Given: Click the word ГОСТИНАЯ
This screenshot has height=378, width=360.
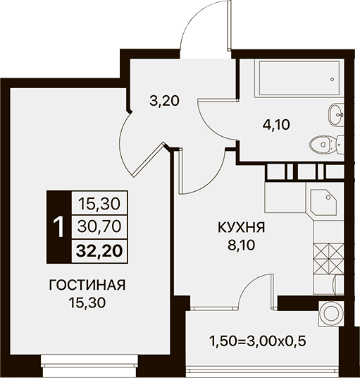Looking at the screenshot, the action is pos(87,285).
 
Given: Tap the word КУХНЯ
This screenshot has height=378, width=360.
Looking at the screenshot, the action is pos(241,228).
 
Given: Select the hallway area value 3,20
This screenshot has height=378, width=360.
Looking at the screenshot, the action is pos(164,101).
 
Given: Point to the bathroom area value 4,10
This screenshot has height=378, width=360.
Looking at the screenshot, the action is pos(276,125).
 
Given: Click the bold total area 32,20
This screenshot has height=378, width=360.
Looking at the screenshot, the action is pos(99,251).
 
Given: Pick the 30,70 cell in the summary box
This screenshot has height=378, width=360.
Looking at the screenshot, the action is pos(99,227).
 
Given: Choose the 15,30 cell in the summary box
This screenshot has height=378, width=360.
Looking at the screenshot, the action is pos(99,204).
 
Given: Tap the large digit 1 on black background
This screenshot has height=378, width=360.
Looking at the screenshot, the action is pos(58,226).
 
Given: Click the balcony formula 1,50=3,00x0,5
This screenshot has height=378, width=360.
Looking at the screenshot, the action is pos(258,341).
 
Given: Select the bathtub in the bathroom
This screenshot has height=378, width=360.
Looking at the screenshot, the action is pos(299,78).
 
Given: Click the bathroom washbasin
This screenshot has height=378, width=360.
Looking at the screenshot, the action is pos(336,115).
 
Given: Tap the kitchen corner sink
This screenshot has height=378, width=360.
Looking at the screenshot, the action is pos(323,202).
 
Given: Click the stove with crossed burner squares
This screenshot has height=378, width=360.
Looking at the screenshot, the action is pos(329,259).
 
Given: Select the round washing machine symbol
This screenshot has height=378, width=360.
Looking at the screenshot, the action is pos(331,313).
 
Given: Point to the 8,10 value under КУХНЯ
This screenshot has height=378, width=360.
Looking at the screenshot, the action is pos(241,245).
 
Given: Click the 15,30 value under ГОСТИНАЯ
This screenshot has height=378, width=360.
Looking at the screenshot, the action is pos(87,303).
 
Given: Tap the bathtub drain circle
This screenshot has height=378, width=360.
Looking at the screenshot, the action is pos(333,79).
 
